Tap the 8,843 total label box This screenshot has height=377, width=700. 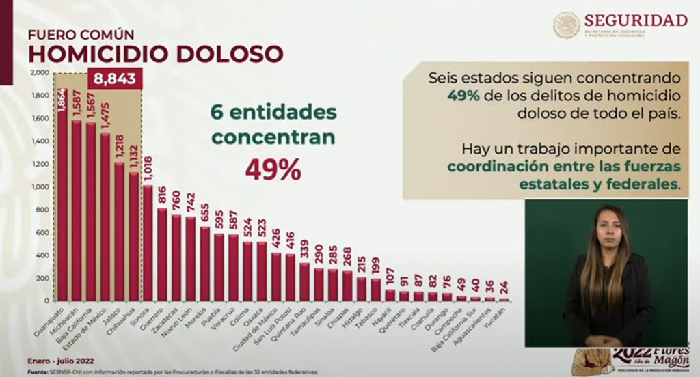114,79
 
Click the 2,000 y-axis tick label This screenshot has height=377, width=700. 39,72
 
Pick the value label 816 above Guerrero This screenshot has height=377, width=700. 161,197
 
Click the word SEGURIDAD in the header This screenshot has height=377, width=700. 636,20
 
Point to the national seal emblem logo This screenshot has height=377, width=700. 567,25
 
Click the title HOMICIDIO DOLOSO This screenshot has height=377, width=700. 154,53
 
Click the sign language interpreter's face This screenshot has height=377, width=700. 604,229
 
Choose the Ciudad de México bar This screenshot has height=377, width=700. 276,277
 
